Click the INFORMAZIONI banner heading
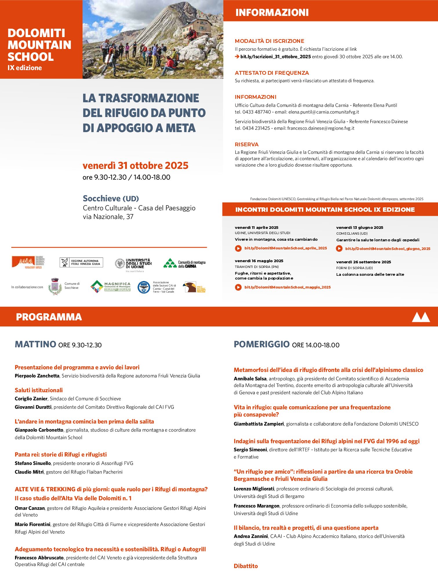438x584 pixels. pos(272,12)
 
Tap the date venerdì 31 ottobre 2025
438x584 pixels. pos(135,165)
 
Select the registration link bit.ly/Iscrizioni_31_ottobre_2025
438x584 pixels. pos(275,57)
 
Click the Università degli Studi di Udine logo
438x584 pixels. pos(133,264)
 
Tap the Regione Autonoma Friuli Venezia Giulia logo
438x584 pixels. pos(81,262)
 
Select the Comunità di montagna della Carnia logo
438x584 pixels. pos(184,264)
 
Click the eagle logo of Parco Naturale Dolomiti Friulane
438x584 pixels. pos(190,287)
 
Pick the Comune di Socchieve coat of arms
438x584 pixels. pos(55,286)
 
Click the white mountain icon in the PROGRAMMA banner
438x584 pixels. pos(421,317)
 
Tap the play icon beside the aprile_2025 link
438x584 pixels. pos(238,248)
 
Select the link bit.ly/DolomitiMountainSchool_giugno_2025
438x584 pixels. pos(388,249)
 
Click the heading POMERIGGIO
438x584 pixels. pos(262,344)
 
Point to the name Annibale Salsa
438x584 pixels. pos(250,379)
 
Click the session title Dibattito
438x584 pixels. pos(246,566)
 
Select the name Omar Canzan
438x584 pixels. pos(30,508)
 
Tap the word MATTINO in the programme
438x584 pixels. pos(35,344)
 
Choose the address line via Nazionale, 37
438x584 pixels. pos(108,217)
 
